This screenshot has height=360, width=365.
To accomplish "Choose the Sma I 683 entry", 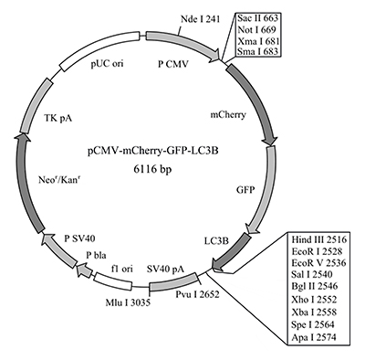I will pos(257,55).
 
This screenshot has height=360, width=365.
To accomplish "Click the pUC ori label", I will pos(107,65).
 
